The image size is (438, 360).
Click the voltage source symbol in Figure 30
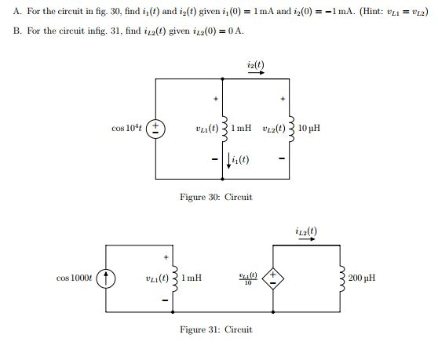coord(156,128)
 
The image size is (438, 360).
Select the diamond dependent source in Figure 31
coord(272,278)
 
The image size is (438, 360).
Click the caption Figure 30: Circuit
coord(216,197)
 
